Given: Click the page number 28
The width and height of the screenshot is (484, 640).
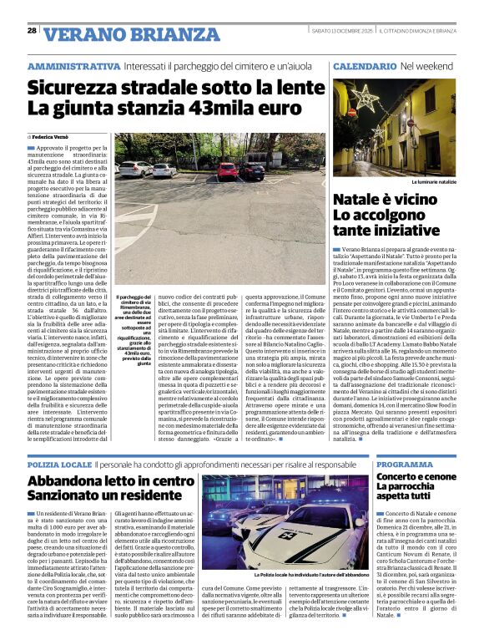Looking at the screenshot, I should [x=32, y=30].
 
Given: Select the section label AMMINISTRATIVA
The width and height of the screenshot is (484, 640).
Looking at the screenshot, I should [x=74, y=66].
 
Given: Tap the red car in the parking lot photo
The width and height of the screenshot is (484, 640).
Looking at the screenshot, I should [x=228, y=171].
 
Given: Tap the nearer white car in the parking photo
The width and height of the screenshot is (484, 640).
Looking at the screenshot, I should [x=164, y=170].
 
